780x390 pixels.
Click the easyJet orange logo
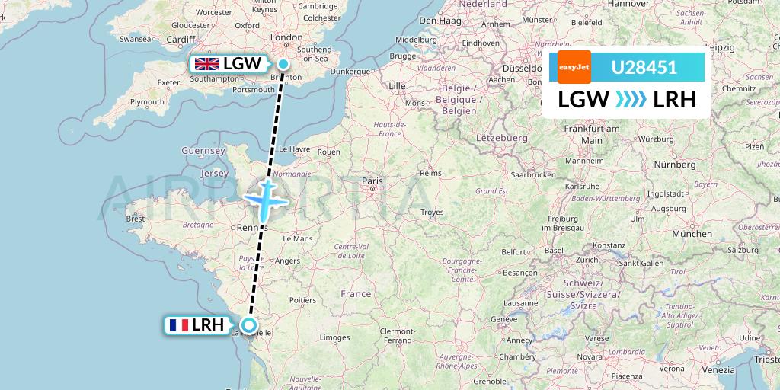tap(574, 67)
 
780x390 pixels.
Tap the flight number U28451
tap(644, 68)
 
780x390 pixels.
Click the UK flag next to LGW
tap(206, 64)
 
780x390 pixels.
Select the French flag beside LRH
tap(179, 325)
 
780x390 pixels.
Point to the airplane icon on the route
tap(265, 200)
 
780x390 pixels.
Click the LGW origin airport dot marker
tap(283, 64)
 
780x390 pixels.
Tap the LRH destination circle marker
tap(248, 325)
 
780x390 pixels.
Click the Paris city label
tap(372, 181)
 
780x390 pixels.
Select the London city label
tap(286, 37)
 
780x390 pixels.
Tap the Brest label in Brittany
tap(136, 219)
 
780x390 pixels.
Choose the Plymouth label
tap(147, 101)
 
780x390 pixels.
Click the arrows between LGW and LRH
tap(631, 99)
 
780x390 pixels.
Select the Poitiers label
tap(302, 300)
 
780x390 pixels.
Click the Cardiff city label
tap(181, 40)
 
